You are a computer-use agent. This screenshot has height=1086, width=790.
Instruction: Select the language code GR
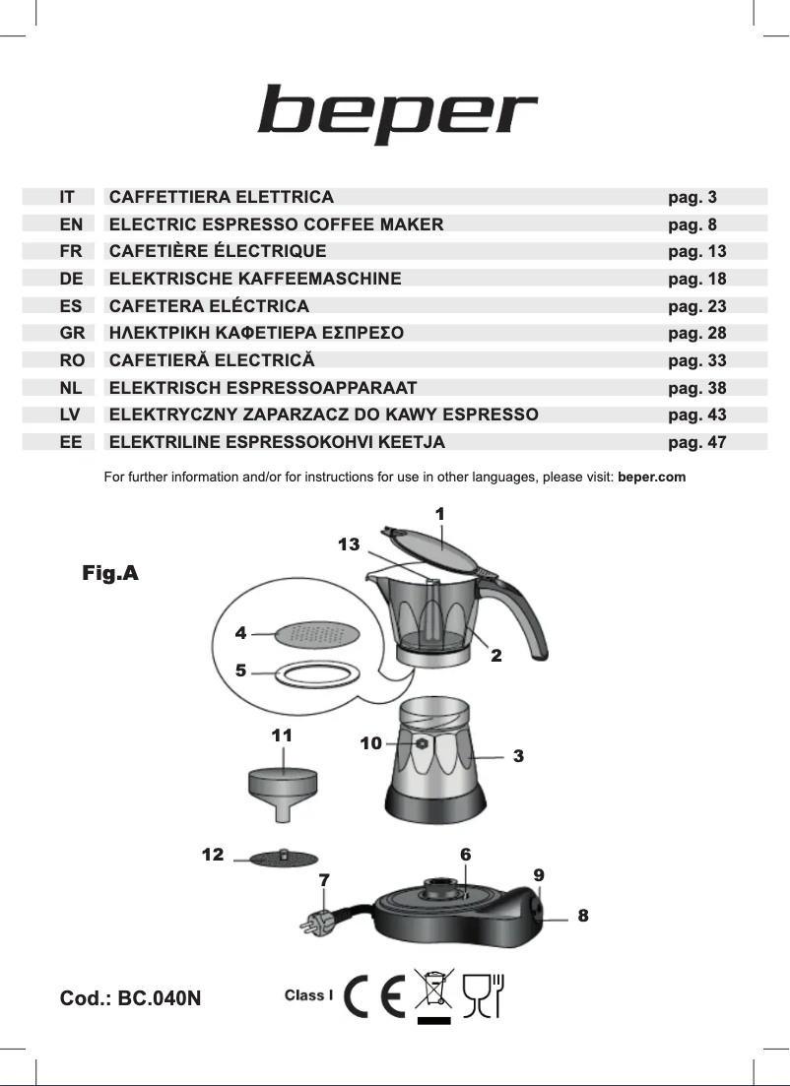(72, 333)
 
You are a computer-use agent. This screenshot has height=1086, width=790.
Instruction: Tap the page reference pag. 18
(696, 279)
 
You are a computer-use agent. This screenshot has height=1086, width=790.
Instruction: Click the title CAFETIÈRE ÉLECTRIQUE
(218, 251)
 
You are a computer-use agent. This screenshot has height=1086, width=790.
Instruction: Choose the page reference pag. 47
(696, 442)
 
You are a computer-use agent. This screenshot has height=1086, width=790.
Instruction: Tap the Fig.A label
(110, 573)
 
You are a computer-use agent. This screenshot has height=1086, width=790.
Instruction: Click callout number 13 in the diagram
(349, 544)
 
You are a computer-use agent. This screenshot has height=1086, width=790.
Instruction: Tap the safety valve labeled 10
(422, 744)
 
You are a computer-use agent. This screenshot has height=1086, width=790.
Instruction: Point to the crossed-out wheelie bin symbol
(433, 992)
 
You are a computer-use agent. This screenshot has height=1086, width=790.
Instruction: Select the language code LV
(71, 415)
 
